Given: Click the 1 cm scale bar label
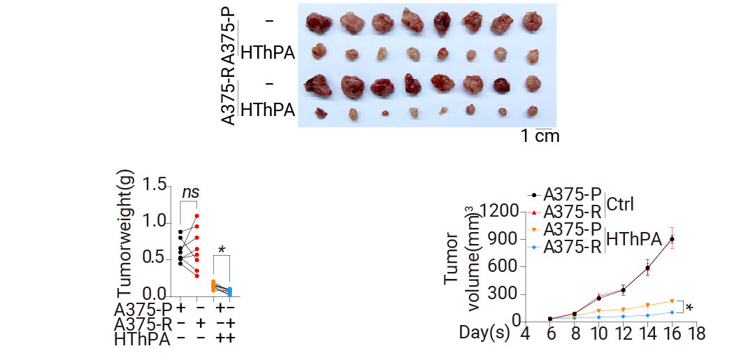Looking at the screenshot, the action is click(x=540, y=136).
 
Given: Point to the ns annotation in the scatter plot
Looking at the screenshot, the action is click(x=190, y=192).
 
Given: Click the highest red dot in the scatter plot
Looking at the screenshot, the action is click(x=197, y=216).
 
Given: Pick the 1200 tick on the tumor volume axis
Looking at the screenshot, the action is click(x=503, y=212).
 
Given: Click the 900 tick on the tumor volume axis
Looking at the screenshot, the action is click(x=508, y=239).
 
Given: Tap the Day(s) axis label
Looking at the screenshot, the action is click(x=484, y=333).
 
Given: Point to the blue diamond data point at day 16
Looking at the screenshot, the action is click(x=672, y=312).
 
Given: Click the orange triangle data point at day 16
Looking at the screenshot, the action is click(x=672, y=302).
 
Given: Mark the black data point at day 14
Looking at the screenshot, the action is click(x=648, y=268).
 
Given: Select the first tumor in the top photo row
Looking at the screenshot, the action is click(x=318, y=22).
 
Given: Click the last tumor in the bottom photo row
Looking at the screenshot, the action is click(x=532, y=111).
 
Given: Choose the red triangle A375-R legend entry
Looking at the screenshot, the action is click(x=566, y=211).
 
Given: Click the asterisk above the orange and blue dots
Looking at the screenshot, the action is click(x=222, y=250).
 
